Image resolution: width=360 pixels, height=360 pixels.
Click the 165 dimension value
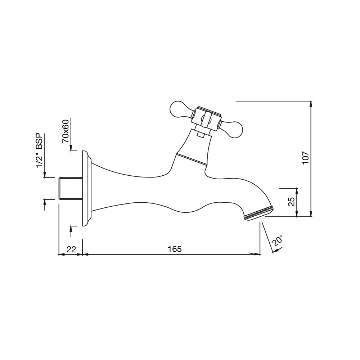point(174,249)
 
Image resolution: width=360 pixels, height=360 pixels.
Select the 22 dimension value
point(71,249)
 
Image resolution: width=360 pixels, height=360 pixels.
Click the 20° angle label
point(278,240)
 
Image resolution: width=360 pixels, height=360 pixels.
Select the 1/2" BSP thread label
point(39,151)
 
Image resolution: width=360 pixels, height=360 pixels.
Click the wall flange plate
point(85,188)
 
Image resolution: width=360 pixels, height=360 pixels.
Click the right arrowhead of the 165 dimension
point(257,254)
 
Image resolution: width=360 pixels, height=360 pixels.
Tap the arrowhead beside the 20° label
point(275,251)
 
